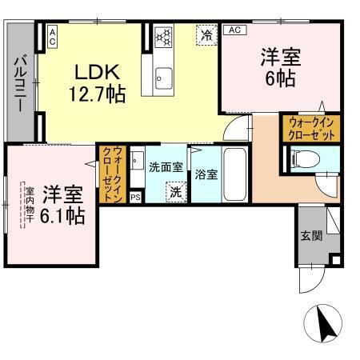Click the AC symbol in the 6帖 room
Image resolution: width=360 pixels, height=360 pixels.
(x=234, y=30)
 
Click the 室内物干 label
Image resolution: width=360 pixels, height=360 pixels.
(x=28, y=204)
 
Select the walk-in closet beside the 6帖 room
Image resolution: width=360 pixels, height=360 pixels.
(x=310, y=128)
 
